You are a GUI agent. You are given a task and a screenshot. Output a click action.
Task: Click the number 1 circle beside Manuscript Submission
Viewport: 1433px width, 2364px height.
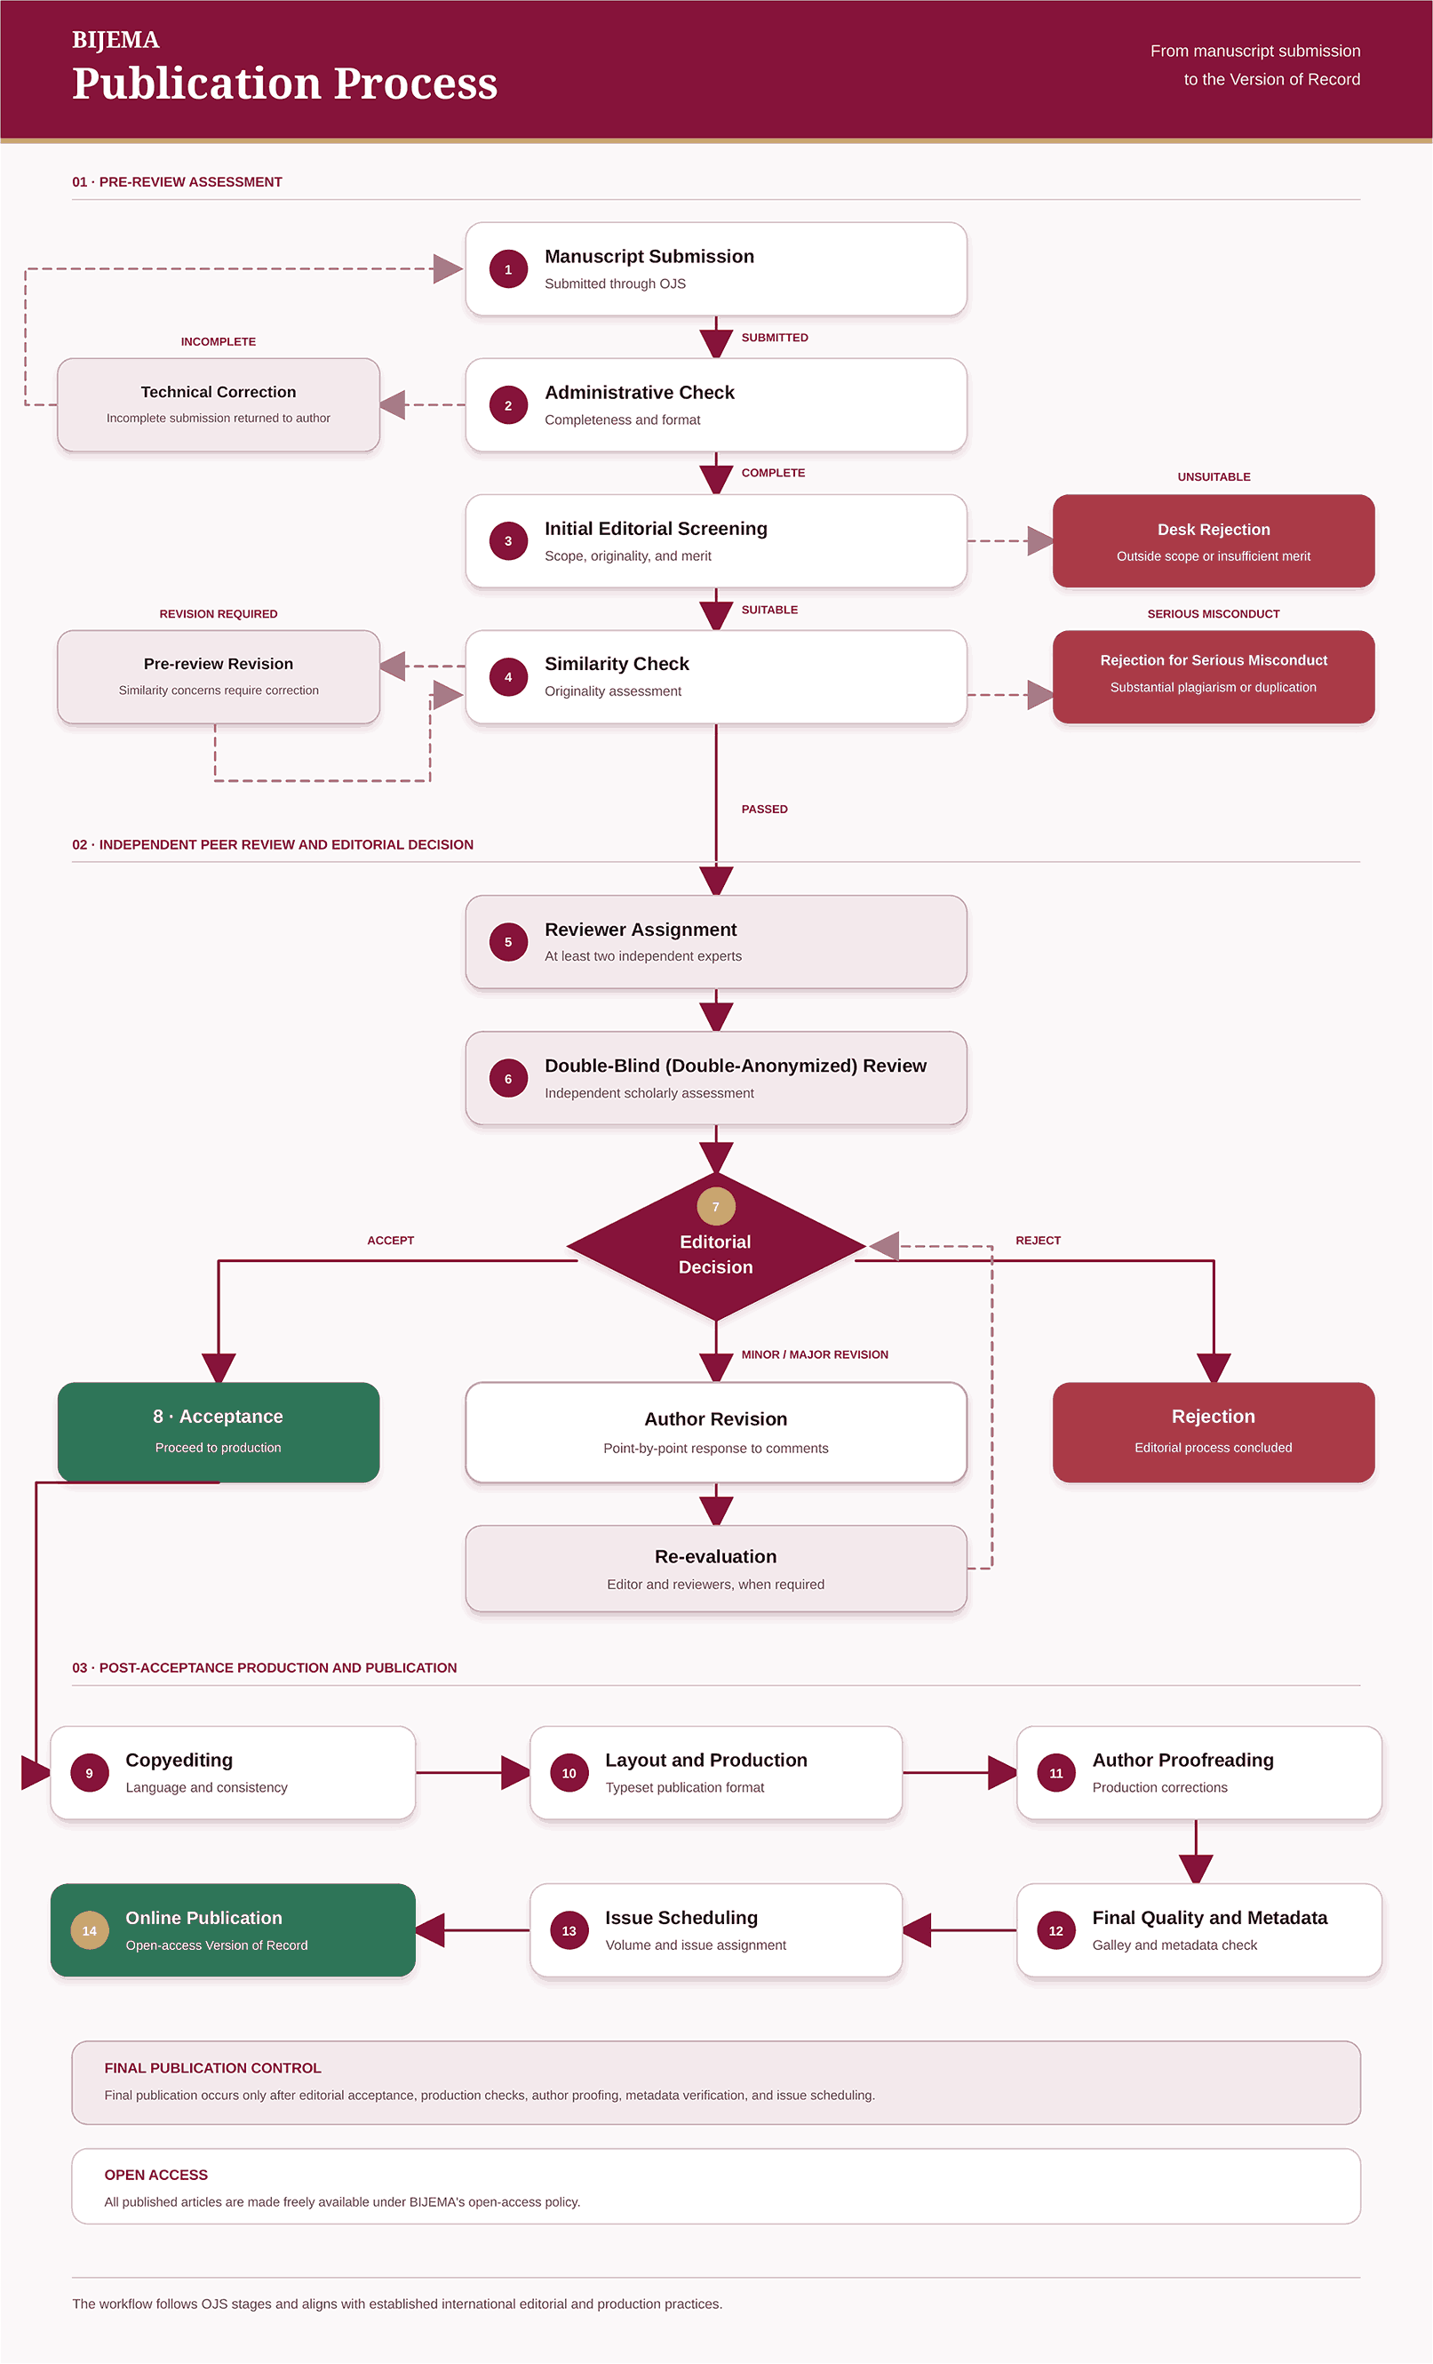pos(508,269)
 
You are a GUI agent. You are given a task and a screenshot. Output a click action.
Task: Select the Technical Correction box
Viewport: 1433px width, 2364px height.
pos(219,405)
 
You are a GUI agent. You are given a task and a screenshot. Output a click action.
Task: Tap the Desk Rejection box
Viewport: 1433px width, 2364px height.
pos(1214,541)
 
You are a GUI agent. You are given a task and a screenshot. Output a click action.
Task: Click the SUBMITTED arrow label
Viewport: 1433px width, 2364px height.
pos(775,338)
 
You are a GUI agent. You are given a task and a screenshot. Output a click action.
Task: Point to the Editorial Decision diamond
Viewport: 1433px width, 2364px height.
pos(715,1247)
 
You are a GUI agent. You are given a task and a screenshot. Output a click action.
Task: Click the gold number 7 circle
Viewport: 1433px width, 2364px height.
pos(715,1207)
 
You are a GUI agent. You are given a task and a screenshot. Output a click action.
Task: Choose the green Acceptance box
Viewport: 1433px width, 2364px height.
pos(219,1433)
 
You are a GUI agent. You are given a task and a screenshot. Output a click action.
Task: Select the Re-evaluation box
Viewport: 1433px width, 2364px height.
pos(715,1569)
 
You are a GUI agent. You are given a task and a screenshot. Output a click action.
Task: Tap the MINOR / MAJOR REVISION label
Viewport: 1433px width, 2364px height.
pos(815,1354)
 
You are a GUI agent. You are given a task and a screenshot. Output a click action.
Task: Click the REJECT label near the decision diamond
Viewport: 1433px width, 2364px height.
pos(1038,1241)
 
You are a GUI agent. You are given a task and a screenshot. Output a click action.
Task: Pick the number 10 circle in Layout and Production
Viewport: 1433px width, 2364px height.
pos(569,1773)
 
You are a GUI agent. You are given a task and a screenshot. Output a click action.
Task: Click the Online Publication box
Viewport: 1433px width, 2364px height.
pos(233,1930)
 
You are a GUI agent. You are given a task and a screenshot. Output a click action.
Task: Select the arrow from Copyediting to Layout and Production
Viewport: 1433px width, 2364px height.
pos(473,1773)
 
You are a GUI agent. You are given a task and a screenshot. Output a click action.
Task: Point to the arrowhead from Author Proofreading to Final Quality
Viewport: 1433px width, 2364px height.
pos(1196,1869)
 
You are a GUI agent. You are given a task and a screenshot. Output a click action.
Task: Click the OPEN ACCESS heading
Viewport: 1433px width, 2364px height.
pos(156,2175)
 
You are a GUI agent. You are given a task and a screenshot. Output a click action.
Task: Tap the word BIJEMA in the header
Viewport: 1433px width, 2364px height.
pos(116,39)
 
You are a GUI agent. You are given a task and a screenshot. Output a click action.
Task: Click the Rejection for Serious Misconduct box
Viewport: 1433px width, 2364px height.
pos(1214,676)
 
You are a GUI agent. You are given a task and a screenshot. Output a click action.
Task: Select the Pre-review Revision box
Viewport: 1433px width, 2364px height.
pos(219,676)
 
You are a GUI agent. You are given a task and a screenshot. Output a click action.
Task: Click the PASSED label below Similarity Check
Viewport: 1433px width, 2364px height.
pos(764,810)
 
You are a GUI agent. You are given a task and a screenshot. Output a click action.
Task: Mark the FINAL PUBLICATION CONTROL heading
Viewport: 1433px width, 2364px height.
pos(213,2069)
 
